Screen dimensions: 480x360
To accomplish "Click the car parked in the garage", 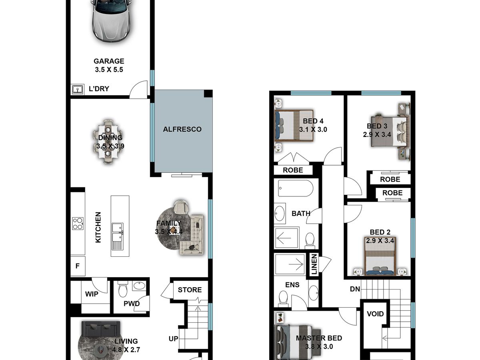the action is pos(112,20).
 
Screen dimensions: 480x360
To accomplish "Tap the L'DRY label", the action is pos(99,89).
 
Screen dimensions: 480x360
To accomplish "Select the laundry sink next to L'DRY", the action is pos(78,89).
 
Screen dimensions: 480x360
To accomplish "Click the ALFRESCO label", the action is pos(182,129).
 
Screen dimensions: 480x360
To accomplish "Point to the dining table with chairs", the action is pos(108,141).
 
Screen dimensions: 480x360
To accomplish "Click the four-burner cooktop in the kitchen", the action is pos(78,224).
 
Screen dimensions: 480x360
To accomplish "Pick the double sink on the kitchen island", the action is pos(118,236).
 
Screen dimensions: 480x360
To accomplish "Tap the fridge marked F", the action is pos(78,266).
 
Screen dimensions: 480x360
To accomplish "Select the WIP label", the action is pos(92,294).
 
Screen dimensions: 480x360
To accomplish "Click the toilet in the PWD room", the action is pos(123,289).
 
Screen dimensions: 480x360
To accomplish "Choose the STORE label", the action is pos(190,290).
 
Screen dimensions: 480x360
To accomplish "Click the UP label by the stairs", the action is pos(173,339).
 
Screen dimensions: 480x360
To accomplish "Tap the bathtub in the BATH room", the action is pos(296,188).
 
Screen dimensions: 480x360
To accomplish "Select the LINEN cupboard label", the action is pos(314,264).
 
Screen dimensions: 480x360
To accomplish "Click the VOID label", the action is pos(375,314).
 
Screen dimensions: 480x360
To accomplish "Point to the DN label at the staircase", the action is pos(355,289).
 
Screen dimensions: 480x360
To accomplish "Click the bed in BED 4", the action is pos(294,125).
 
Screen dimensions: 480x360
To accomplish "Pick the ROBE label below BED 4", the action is pos(293,170).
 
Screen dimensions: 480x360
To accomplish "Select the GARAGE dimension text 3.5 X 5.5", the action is pos(109,70).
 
